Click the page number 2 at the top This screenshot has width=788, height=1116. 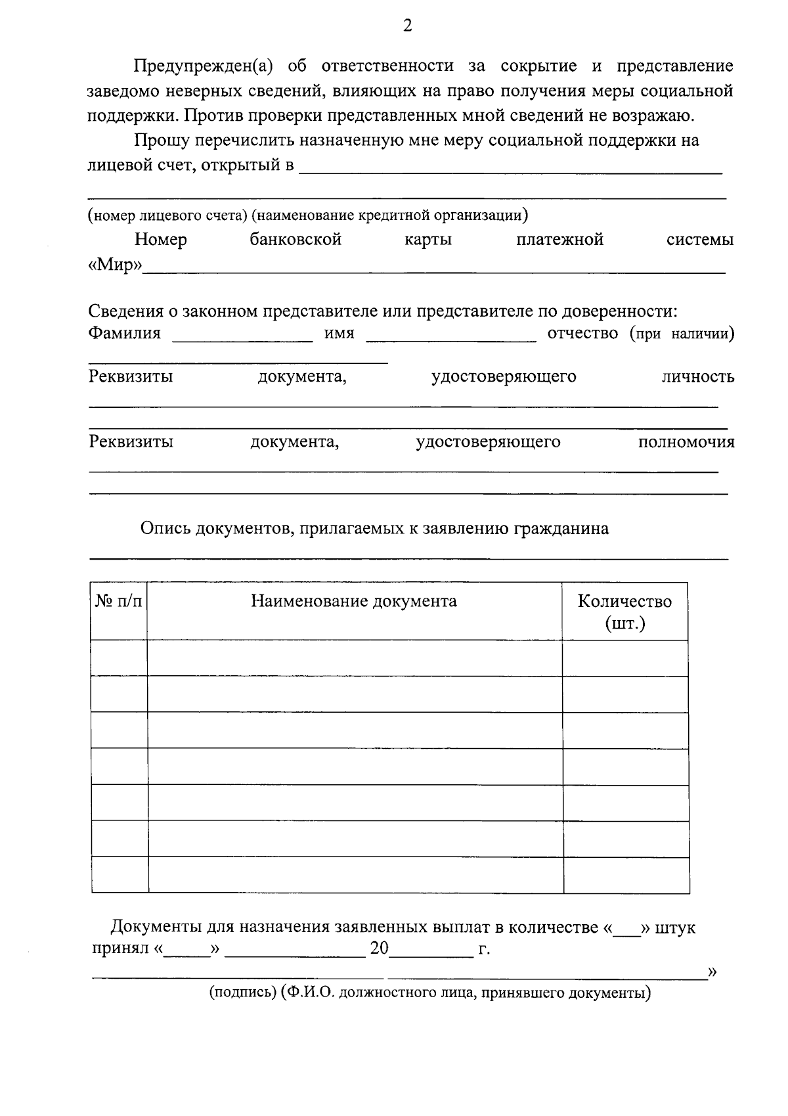click(408, 26)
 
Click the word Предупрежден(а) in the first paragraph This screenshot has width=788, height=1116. click(203, 66)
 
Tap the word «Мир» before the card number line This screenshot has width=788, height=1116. click(116, 266)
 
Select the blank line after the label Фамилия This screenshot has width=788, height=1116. click(242, 338)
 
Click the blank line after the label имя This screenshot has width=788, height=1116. click(451, 338)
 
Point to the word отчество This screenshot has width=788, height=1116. click(582, 333)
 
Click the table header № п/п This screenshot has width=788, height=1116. click(119, 602)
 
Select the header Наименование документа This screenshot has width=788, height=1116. click(354, 602)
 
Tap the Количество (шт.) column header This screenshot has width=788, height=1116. click(624, 612)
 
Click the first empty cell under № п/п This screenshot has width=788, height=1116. click(119, 658)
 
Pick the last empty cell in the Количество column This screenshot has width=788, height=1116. click(626, 875)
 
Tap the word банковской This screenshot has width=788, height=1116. click(295, 240)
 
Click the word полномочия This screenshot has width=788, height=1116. click(686, 442)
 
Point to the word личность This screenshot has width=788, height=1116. click(697, 377)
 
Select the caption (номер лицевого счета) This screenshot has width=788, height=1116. click(168, 215)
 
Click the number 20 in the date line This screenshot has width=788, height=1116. click(380, 949)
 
